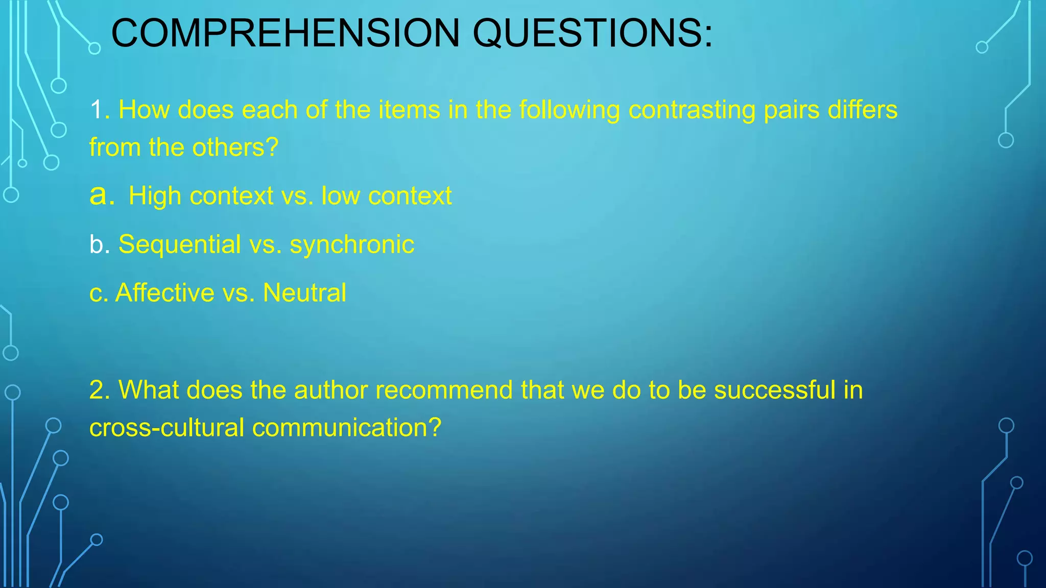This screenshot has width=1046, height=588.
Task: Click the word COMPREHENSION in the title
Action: click(x=286, y=33)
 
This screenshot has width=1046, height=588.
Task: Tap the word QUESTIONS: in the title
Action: click(x=592, y=33)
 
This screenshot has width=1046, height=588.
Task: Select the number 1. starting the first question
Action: click(x=100, y=110)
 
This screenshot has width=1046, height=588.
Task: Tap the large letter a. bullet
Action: click(x=102, y=195)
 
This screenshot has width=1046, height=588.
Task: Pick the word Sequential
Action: click(x=179, y=244)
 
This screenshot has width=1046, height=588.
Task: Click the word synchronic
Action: click(x=352, y=244)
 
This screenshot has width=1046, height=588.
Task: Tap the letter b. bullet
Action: click(x=100, y=244)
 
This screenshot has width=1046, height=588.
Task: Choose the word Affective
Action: click(x=165, y=292)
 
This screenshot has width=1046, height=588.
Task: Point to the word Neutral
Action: click(x=304, y=292)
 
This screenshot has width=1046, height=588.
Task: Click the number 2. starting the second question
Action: click(x=100, y=390)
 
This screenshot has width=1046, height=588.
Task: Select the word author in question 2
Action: click(x=330, y=390)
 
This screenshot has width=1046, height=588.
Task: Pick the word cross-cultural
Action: click(x=167, y=428)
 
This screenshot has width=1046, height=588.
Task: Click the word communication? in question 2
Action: click(x=347, y=428)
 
